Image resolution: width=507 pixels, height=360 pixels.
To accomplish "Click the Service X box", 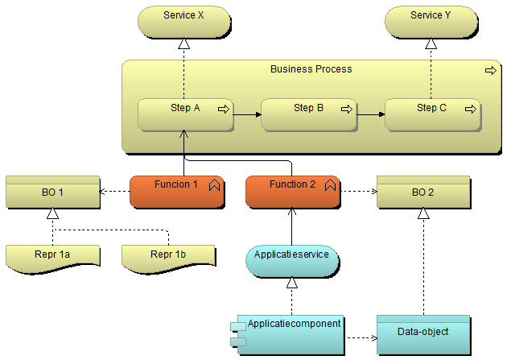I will click(183, 22).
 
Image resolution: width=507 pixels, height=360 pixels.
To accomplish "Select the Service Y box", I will click(431, 22).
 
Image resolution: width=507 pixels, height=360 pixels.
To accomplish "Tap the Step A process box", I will click(185, 114).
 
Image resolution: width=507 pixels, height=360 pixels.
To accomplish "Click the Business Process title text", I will click(311, 69).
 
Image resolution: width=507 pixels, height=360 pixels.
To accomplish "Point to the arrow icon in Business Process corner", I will click(490, 71).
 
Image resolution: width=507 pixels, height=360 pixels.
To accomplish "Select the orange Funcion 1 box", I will click(176, 191).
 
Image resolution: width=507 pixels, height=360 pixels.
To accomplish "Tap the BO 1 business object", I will click(52, 192).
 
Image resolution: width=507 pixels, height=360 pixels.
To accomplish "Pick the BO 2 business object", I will click(422, 192).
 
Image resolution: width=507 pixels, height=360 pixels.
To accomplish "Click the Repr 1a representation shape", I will click(52, 256).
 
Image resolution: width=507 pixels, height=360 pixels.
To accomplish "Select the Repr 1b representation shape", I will click(168, 256).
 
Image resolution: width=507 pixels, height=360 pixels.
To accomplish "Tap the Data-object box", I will click(422, 333).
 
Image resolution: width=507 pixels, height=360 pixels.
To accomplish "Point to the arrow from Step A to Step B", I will click(247, 114).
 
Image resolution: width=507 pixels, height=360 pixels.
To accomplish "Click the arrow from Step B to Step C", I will click(370, 114).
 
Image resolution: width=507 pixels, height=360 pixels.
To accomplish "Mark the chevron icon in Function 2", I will click(330, 185).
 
